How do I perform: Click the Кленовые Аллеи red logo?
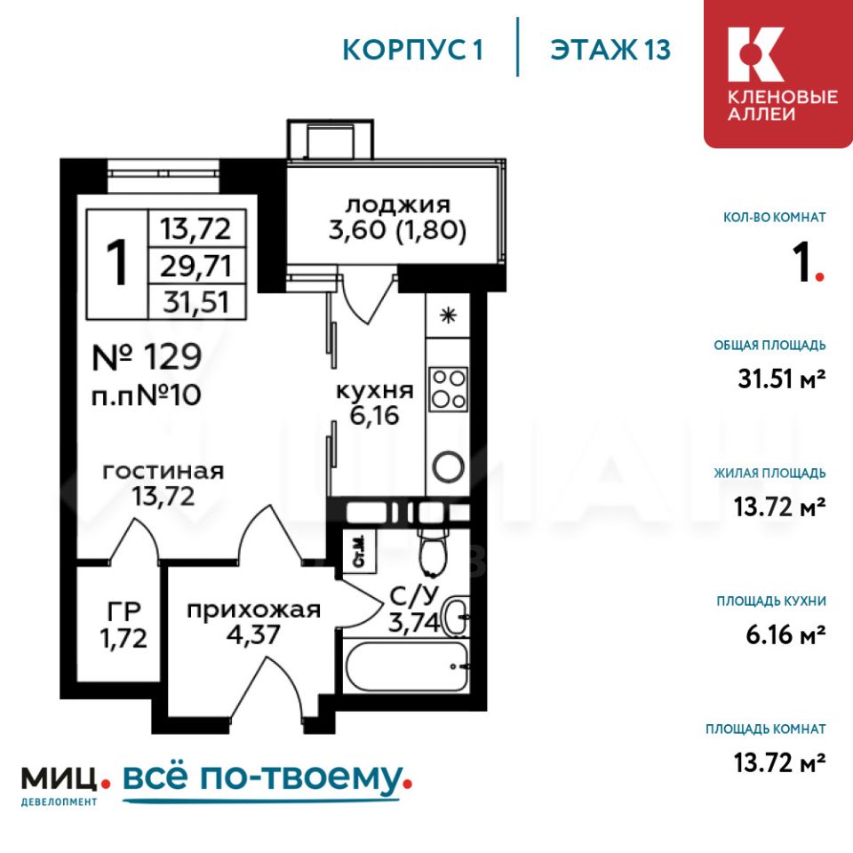[x=778, y=74]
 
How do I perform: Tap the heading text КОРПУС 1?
[x=413, y=50]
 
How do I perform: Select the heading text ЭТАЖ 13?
[x=610, y=50]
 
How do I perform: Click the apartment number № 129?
[x=147, y=357]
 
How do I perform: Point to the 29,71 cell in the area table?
[x=197, y=266]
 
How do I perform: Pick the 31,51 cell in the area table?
[x=197, y=301]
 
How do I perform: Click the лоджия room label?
[x=398, y=205]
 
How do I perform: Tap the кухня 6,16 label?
[x=375, y=403]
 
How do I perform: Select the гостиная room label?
[x=163, y=471]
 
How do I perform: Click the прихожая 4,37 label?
[x=253, y=622]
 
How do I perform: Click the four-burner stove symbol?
[x=448, y=388]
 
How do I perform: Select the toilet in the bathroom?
[x=433, y=550]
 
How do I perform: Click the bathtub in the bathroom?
[x=406, y=666]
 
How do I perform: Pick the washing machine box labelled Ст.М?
[x=359, y=552]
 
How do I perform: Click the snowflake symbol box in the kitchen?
[x=448, y=315]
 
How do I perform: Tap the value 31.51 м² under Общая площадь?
[x=781, y=379]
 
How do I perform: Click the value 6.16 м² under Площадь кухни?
[x=785, y=634]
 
